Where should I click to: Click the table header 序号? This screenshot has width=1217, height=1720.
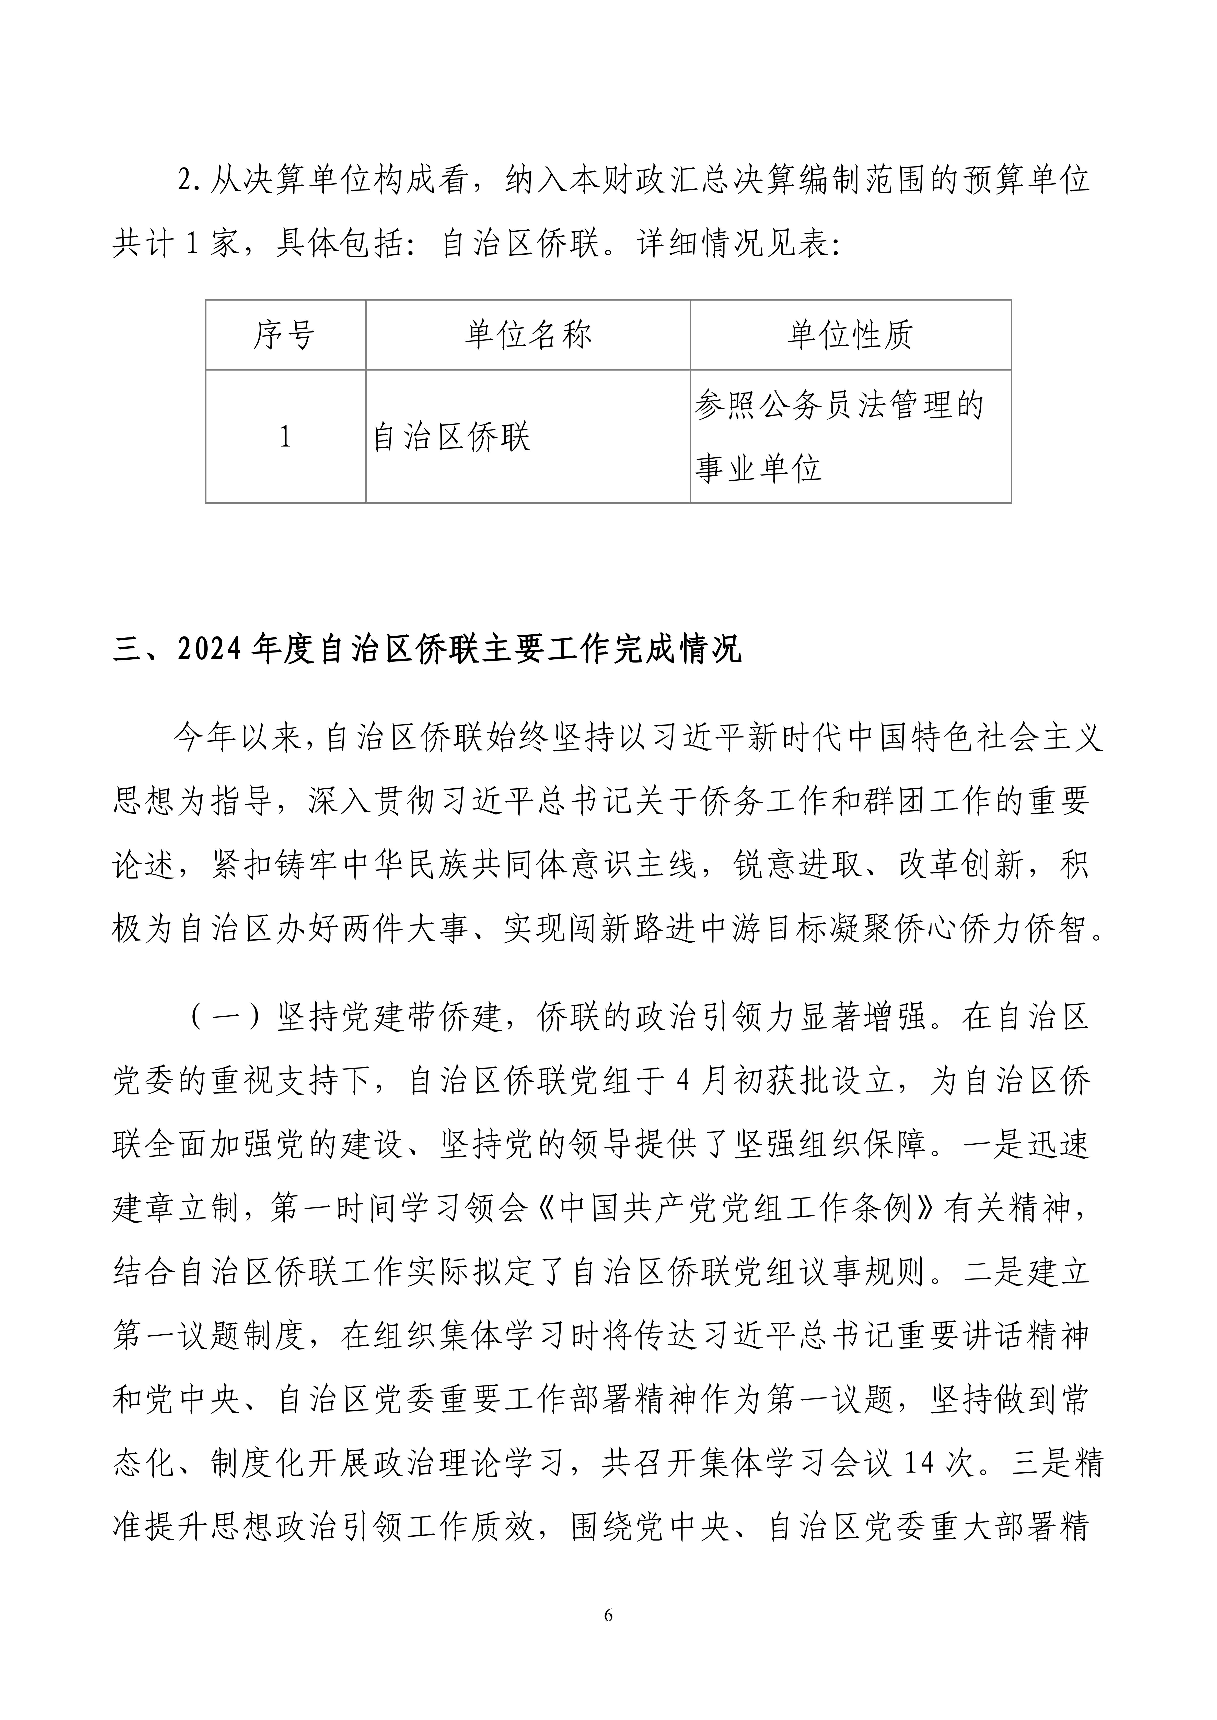(284, 335)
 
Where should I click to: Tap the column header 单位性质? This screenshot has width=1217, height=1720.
(850, 335)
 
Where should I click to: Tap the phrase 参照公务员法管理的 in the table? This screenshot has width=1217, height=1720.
(838, 405)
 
